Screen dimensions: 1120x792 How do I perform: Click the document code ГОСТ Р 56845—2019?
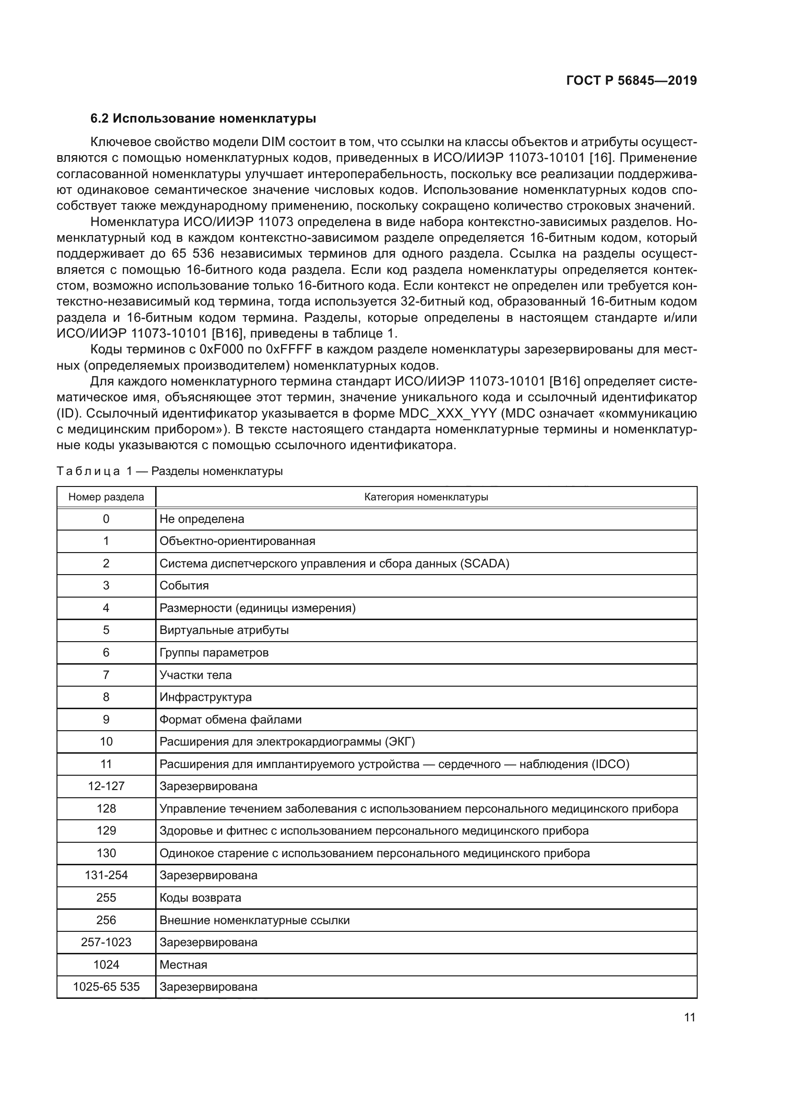[631, 81]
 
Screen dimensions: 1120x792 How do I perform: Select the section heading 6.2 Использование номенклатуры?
[203, 119]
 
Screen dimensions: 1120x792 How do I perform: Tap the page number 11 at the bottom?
[690, 1017]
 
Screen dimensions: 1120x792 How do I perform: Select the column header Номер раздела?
[106, 497]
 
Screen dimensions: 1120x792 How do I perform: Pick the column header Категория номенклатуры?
[426, 497]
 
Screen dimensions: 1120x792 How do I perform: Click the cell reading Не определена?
[202, 519]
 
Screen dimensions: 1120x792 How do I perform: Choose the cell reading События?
[184, 586]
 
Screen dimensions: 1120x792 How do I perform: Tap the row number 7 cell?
[106, 675]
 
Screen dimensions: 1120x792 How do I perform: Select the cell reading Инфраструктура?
[205, 697]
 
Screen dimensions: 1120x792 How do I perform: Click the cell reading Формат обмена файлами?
[230, 720]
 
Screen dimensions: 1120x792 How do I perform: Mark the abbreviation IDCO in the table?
[610, 764]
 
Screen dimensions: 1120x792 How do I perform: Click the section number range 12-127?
[106, 786]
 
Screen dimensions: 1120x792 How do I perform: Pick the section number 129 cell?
[106, 831]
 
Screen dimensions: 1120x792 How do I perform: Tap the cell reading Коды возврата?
[200, 897]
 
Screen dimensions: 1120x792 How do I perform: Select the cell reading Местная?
[183, 964]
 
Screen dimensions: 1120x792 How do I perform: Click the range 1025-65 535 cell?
[106, 987]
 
